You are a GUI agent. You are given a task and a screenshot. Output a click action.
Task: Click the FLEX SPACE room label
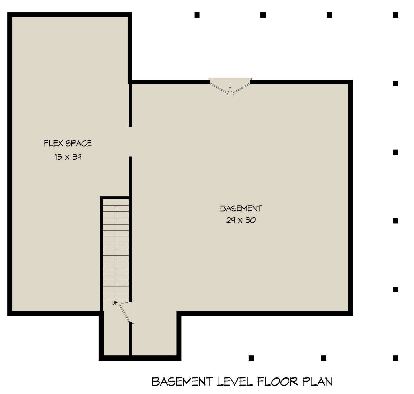point(68,143)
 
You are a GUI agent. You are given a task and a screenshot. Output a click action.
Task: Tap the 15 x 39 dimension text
point(68,157)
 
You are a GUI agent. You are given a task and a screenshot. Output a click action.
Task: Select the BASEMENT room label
point(241,209)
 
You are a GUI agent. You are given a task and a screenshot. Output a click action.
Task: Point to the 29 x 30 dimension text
point(241,220)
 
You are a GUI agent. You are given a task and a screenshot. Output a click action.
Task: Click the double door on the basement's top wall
point(230,86)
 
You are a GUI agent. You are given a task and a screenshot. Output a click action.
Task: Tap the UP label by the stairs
point(115,303)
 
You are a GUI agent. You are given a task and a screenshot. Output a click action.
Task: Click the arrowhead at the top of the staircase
point(116,208)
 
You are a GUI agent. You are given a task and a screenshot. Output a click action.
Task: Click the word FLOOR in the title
point(278,382)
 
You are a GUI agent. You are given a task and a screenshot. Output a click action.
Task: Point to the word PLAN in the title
point(317,382)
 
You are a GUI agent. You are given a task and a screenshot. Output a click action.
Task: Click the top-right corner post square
point(395,15)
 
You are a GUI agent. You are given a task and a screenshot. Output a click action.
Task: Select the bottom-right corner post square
point(395,358)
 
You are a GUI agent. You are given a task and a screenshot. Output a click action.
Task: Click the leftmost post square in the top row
point(197,15)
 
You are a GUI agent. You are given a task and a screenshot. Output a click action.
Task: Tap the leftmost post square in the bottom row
point(251,358)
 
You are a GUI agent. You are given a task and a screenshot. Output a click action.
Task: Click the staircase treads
point(116,255)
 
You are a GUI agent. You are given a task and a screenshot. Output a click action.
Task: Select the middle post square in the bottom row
point(324,358)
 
